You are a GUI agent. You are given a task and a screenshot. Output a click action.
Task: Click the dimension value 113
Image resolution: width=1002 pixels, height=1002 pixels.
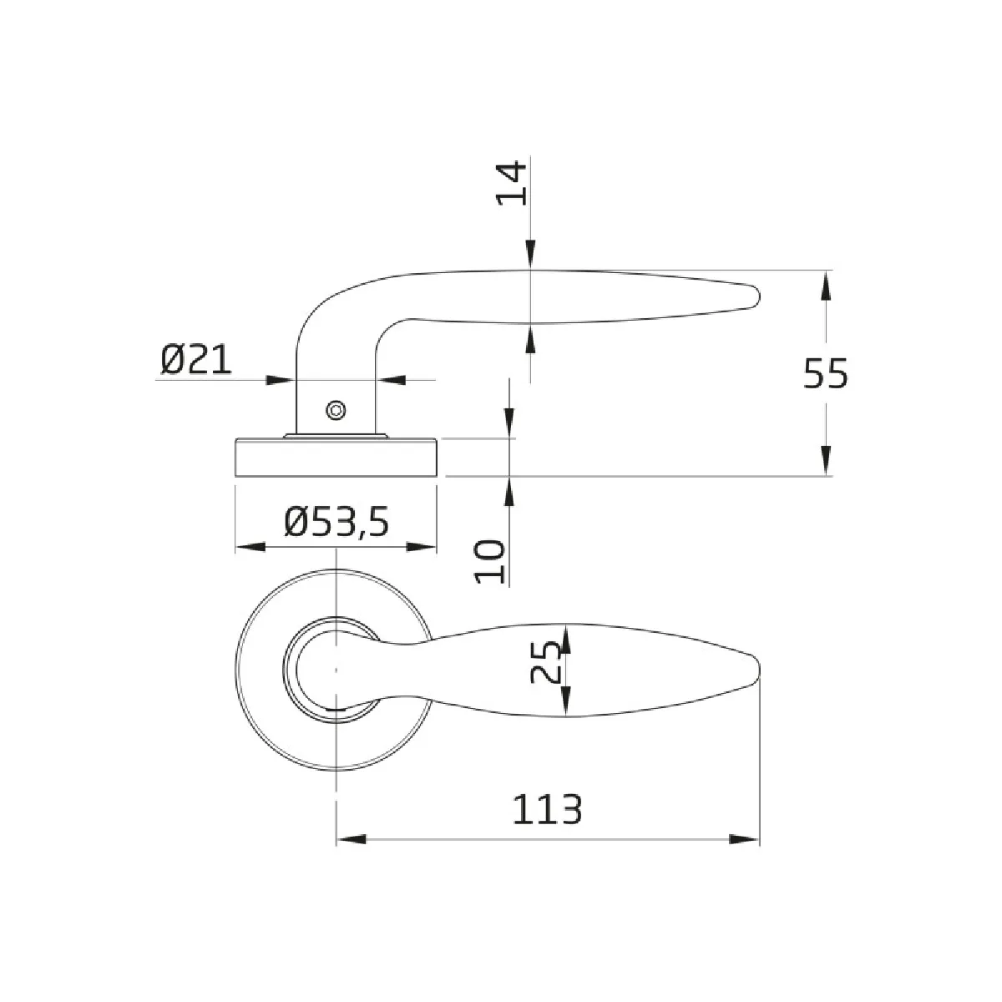coord(547,810)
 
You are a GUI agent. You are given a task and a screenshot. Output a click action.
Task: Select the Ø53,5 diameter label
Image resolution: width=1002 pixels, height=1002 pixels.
coord(337,523)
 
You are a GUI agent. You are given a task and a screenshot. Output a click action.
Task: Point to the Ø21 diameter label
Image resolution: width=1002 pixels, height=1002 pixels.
coord(195,360)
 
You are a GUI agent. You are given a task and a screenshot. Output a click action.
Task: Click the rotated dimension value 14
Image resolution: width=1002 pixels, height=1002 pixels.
coord(512,183)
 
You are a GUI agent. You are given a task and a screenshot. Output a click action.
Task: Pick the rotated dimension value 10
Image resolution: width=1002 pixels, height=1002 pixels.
coord(490,562)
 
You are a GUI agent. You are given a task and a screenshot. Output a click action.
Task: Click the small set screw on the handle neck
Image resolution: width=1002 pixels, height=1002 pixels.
coord(336,410)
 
